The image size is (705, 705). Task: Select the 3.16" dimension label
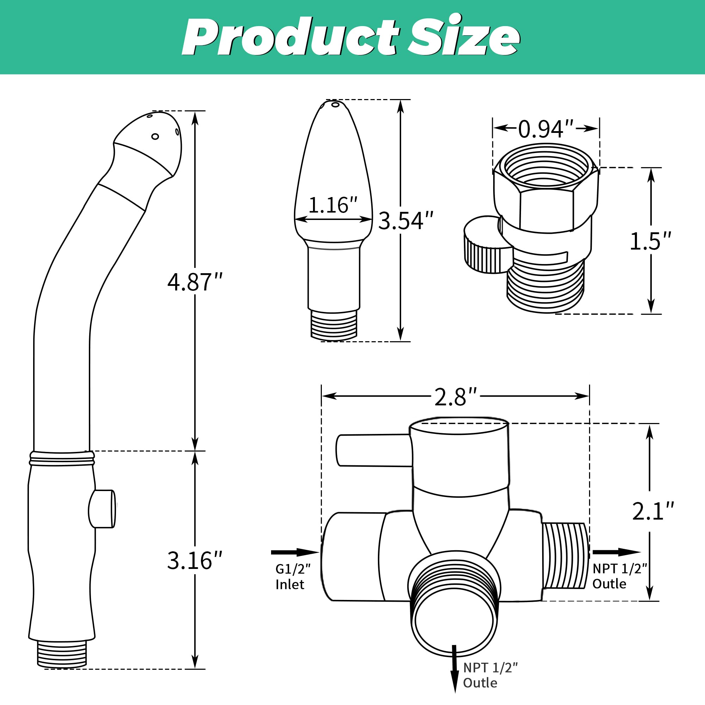[x=195, y=560]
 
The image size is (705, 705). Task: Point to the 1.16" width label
[x=333, y=205]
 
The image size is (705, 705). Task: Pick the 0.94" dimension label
[x=546, y=129]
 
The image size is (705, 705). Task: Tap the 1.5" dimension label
[x=651, y=241]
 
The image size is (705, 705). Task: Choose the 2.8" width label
[x=456, y=397]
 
